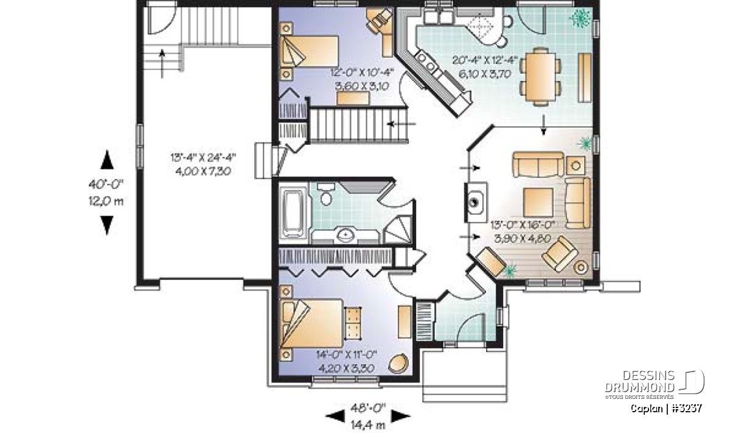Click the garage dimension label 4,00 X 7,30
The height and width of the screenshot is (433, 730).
[203, 171]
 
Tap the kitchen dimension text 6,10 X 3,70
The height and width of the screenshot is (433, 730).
[485, 74]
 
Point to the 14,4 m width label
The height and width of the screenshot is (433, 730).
[368, 425]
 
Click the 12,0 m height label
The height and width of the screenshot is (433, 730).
[106, 201]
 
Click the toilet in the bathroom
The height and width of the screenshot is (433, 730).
[326, 194]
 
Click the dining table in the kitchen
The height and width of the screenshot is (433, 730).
[540, 76]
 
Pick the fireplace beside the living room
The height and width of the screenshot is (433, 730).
[476, 202]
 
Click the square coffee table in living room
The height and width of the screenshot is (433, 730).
[538, 202]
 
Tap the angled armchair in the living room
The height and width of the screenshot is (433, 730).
[560, 253]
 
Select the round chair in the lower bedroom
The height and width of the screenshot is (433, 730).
[398, 363]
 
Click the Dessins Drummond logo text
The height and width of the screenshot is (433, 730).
[639, 381]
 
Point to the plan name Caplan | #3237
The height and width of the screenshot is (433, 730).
[666, 409]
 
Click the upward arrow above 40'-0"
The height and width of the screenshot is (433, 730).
[107, 160]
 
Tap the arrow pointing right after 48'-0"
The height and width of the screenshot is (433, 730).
[400, 416]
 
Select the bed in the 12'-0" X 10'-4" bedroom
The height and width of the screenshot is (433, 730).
[309, 52]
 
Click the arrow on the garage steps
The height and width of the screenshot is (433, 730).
[162, 63]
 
